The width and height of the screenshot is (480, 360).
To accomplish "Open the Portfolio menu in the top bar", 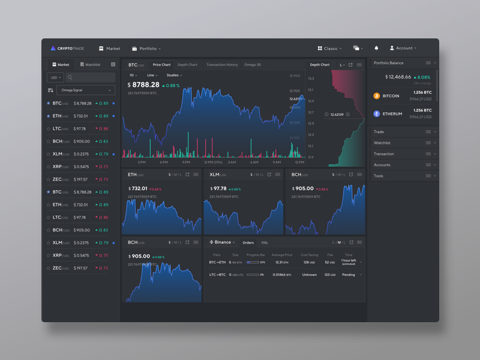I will (x=146, y=49).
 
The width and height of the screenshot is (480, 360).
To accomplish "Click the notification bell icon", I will (x=377, y=48).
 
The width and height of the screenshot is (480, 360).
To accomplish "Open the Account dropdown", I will (x=403, y=48).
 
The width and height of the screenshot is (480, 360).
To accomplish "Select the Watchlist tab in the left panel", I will (x=90, y=64).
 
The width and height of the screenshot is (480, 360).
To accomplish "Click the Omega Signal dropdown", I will (x=86, y=90).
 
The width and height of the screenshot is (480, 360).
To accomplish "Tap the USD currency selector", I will (x=55, y=77).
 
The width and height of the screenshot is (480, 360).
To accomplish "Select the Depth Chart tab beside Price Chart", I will (x=187, y=65).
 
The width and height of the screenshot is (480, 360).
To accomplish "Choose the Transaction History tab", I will (x=222, y=65).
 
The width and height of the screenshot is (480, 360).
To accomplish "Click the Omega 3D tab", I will (x=253, y=65).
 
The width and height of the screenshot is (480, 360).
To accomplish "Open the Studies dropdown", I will (x=174, y=76).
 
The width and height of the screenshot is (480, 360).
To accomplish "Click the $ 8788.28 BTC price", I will (x=144, y=85).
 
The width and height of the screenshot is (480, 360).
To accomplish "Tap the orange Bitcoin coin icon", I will (x=377, y=96).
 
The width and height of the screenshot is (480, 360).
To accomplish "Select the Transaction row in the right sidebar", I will (x=384, y=154).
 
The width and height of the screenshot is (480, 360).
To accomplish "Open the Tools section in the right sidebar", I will (x=379, y=176).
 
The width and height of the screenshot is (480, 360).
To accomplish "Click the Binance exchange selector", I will (x=223, y=242).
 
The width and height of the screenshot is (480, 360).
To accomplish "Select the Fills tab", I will (x=265, y=242).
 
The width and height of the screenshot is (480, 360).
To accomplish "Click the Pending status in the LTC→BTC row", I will (x=349, y=274).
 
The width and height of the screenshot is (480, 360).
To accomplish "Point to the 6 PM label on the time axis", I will (x=163, y=162).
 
